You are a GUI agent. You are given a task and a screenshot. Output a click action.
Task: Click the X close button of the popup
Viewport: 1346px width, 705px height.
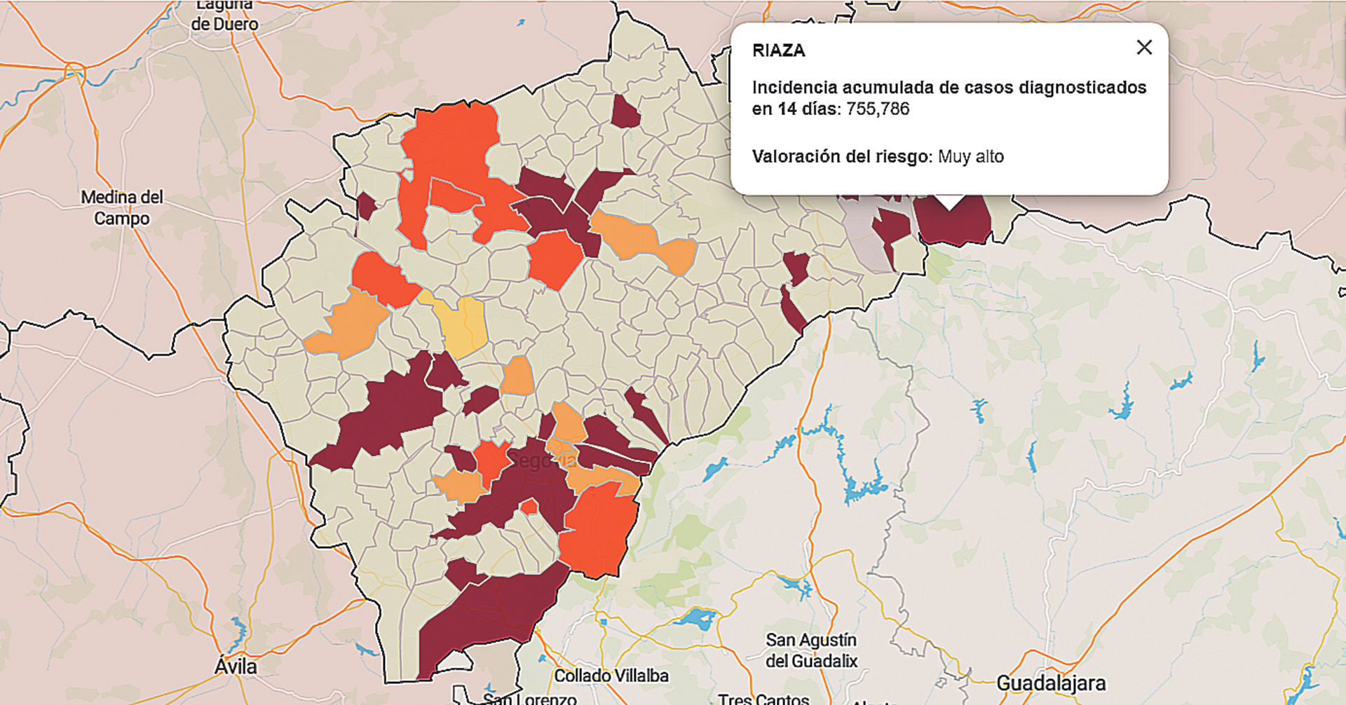point(1144,47)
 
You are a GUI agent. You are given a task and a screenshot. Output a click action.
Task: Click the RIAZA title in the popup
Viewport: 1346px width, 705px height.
point(778,50)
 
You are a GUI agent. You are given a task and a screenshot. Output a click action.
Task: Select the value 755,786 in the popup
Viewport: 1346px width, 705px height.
point(878,109)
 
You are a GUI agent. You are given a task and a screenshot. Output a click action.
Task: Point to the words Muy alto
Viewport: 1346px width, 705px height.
point(970,156)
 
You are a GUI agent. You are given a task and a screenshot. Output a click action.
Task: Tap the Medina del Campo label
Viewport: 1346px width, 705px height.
point(122,207)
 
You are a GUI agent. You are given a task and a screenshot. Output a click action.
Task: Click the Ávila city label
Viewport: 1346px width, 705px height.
point(236,666)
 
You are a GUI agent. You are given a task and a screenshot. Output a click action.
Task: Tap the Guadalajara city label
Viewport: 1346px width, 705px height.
point(1050,683)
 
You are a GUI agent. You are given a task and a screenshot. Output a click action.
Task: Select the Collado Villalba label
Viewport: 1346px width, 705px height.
point(611,676)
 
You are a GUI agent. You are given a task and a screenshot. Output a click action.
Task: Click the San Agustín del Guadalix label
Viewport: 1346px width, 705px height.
point(811,650)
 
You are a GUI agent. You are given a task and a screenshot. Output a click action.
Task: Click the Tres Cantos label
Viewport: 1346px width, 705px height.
point(763,698)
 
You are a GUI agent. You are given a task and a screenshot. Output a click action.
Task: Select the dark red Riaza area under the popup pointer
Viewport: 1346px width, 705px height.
point(953,223)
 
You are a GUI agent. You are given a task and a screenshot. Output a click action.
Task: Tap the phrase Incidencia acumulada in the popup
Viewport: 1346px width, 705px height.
point(841,88)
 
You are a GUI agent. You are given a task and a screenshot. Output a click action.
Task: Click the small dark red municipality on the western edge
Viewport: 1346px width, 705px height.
point(365,206)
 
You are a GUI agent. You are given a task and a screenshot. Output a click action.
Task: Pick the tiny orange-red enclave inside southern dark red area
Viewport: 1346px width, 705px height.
point(529,507)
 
